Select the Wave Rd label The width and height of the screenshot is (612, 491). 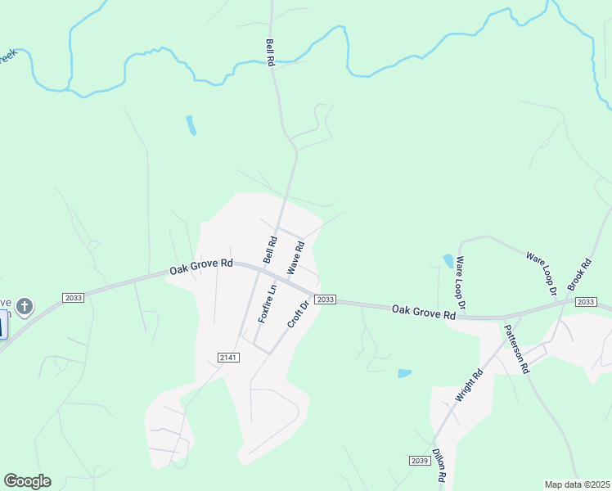point(295,257)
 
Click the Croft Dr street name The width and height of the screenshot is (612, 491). point(298,315)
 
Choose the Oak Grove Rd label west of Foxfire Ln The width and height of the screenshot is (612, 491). point(201,267)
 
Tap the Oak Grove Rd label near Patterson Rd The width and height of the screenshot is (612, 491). point(422,311)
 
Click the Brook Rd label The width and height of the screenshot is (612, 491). point(579,276)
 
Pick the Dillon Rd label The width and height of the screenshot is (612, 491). point(439,465)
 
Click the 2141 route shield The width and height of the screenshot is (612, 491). point(228,357)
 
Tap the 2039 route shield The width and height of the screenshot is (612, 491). point(419,462)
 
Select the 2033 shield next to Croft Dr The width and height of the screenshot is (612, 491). point(325,300)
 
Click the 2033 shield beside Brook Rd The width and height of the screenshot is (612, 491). point(586,302)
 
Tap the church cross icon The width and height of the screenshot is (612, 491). point(25,307)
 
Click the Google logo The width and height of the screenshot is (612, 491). point(27,481)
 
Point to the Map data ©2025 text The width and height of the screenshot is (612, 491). point(576,484)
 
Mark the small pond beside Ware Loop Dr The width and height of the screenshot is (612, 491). point(448,262)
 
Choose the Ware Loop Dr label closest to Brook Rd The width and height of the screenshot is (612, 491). point(541,273)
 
